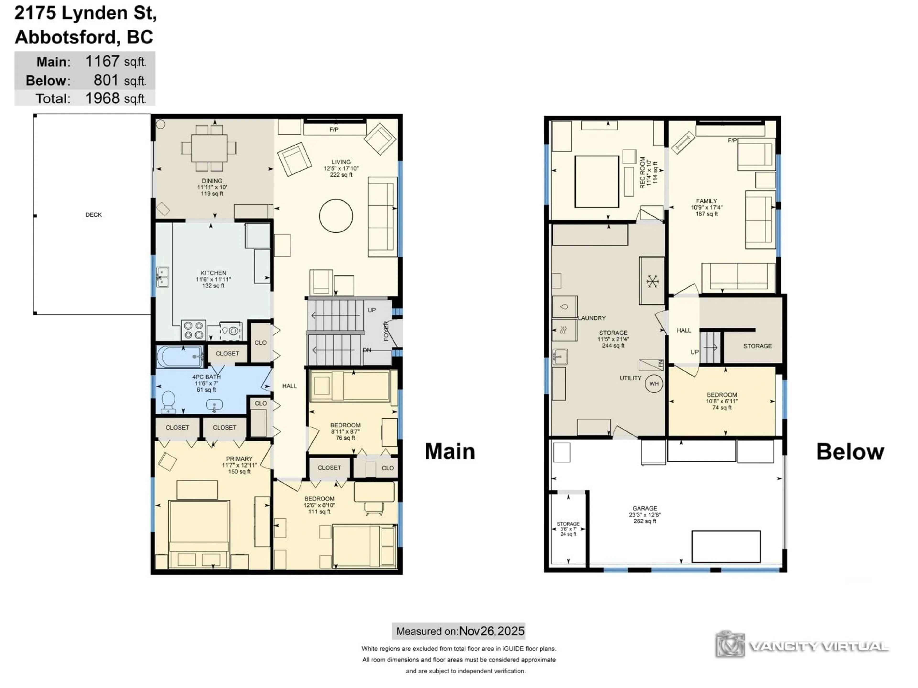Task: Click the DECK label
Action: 93,215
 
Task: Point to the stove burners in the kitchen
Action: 193,330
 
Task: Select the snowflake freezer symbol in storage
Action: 652,282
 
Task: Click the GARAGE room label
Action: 645,508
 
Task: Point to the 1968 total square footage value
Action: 102,98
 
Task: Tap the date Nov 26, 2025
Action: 492,631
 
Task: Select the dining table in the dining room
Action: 209,148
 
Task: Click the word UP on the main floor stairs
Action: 372,310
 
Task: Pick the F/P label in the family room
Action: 732,140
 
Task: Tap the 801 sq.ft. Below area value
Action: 106,80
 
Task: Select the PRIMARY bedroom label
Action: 239,459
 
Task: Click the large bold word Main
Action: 450,451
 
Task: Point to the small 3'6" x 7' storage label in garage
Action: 568,529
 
